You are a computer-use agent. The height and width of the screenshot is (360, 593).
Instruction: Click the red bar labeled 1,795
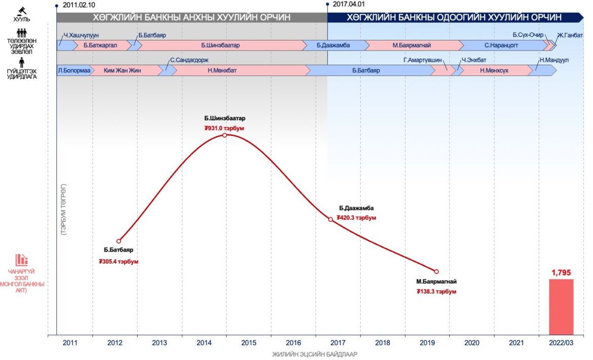[561, 307]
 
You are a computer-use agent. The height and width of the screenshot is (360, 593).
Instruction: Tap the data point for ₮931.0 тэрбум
[225, 135]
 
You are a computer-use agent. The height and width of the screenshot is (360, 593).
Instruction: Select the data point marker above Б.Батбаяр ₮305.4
[119, 241]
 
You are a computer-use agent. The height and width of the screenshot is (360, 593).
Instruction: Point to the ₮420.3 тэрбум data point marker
[330, 219]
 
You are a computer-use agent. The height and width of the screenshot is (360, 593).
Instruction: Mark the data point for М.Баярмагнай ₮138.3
[436, 271]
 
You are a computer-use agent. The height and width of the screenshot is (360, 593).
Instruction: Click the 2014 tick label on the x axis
[204, 343]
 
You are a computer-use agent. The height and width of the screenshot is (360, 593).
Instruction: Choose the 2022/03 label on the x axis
[561, 343]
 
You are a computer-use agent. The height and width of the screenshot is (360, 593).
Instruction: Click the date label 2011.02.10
[79, 5]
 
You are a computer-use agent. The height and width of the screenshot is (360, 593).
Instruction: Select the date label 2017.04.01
[350, 5]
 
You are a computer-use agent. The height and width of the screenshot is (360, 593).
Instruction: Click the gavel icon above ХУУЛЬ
[22, 10]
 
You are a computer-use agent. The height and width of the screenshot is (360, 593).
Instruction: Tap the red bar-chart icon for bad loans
[21, 260]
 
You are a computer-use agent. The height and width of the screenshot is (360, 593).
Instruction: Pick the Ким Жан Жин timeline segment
[122, 70]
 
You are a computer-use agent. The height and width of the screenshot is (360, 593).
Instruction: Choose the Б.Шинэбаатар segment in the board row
[220, 45]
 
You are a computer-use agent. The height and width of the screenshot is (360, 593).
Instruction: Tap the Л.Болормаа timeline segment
[74, 70]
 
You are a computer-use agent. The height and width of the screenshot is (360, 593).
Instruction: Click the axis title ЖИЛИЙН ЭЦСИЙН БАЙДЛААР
[315, 354]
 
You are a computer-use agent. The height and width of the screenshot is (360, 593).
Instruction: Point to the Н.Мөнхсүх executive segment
[494, 70]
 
